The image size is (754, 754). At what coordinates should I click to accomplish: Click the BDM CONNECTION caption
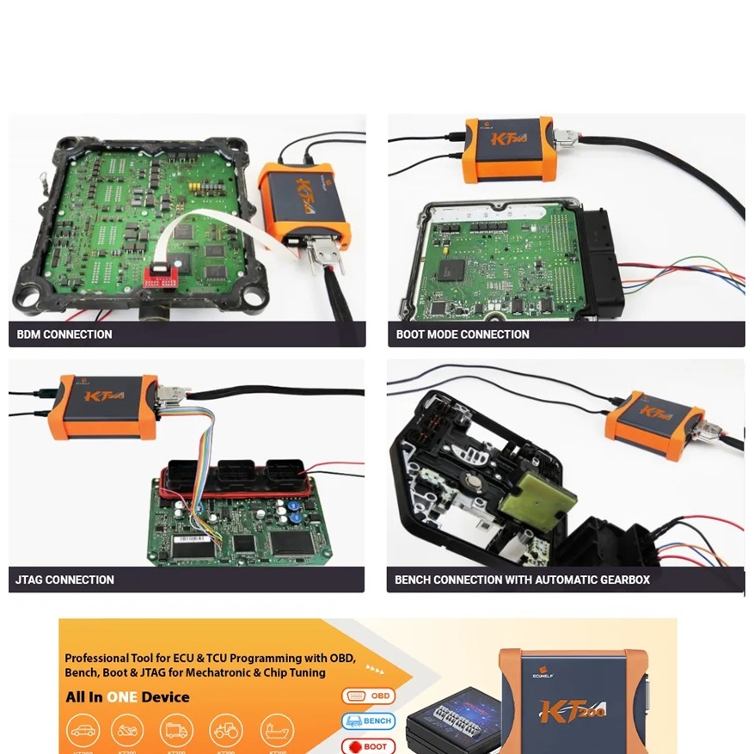tap(64, 334)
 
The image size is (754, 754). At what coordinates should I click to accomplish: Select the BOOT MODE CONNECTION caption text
tap(463, 334)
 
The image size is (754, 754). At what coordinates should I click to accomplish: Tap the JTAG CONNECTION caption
tap(64, 579)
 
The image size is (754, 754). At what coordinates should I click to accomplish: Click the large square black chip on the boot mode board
tap(451, 269)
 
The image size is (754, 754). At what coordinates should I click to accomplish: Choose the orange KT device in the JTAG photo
tap(107, 404)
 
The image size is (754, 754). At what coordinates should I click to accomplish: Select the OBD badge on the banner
tap(368, 696)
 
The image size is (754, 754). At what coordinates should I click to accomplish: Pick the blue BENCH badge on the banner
tap(368, 720)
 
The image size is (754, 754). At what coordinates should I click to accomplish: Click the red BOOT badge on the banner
tap(368, 745)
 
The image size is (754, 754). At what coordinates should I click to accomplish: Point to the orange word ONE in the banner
tap(122, 697)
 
